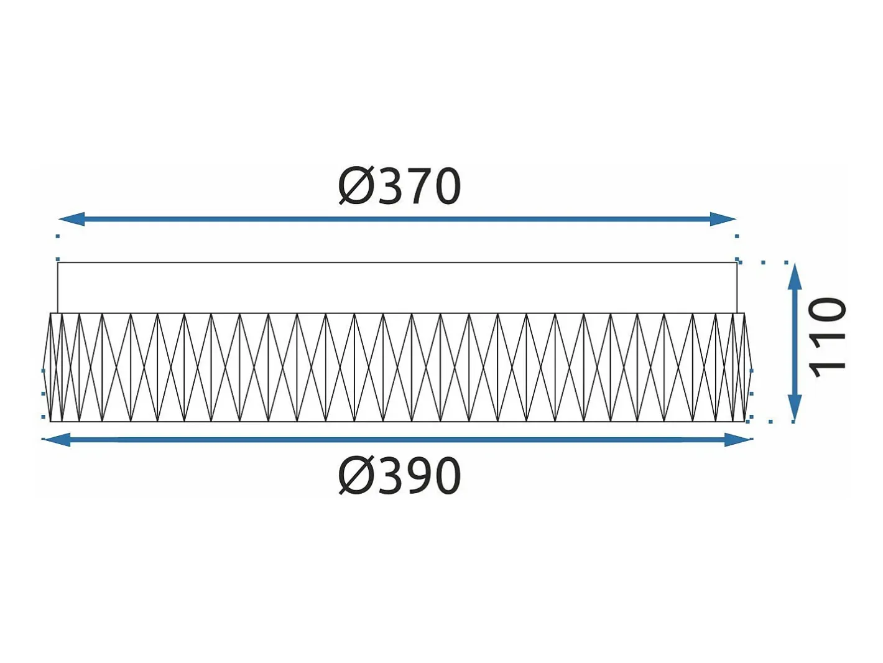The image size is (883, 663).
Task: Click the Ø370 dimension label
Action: coord(399,186)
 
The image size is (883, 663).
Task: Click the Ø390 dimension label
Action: coord(399,475)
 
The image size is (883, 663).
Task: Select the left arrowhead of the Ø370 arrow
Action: coord(72,219)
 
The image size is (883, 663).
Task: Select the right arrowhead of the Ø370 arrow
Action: coord(723,219)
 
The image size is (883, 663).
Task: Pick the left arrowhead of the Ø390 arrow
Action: coord(57,439)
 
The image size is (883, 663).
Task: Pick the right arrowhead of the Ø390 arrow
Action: coord(737,439)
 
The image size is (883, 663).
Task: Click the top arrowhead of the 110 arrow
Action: coord(793,276)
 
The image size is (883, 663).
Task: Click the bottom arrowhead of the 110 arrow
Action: coord(793,408)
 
